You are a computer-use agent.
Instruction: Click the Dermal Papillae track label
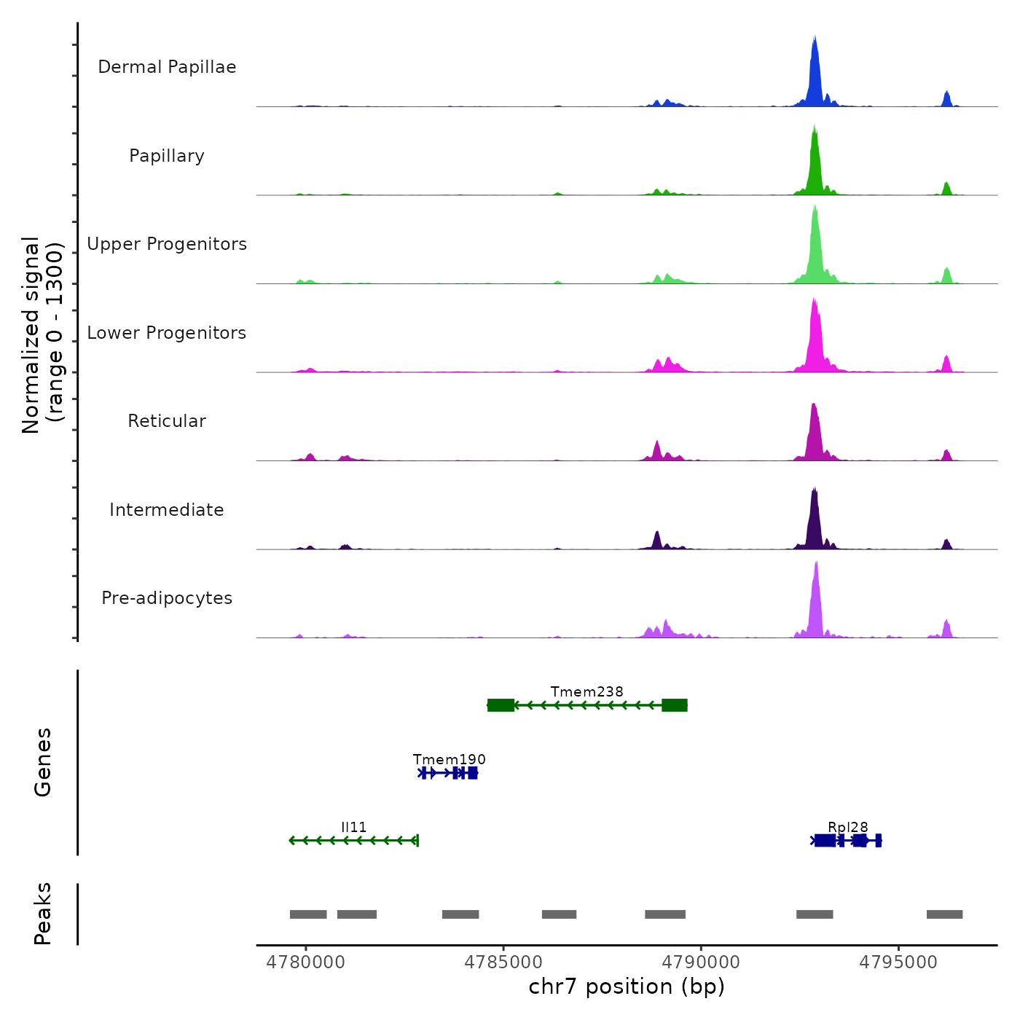pyautogui.click(x=167, y=67)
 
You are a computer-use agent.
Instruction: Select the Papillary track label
pyautogui.click(x=167, y=156)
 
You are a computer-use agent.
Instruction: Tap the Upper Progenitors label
pyautogui.click(x=167, y=244)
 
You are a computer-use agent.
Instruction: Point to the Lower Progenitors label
pyautogui.click(x=167, y=333)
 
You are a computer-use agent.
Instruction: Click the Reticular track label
pyautogui.click(x=167, y=421)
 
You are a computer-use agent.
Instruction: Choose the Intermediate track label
pyautogui.click(x=167, y=510)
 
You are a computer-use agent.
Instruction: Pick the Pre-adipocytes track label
pyautogui.click(x=167, y=598)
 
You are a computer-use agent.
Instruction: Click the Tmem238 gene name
pyautogui.click(x=586, y=691)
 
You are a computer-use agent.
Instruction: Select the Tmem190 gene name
pyautogui.click(x=449, y=759)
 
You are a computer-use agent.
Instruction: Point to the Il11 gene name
pyautogui.click(x=353, y=827)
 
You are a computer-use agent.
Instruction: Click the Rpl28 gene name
pyautogui.click(x=847, y=827)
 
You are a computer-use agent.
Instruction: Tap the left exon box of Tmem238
pyautogui.click(x=501, y=705)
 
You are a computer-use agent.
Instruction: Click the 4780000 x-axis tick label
pyautogui.click(x=305, y=962)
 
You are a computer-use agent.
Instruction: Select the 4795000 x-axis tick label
pyautogui.click(x=898, y=962)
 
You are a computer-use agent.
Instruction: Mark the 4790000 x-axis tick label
pyautogui.click(x=701, y=962)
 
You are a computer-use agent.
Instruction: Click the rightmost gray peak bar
pyautogui.click(x=944, y=914)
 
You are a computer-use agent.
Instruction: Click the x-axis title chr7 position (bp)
pyautogui.click(x=627, y=987)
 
